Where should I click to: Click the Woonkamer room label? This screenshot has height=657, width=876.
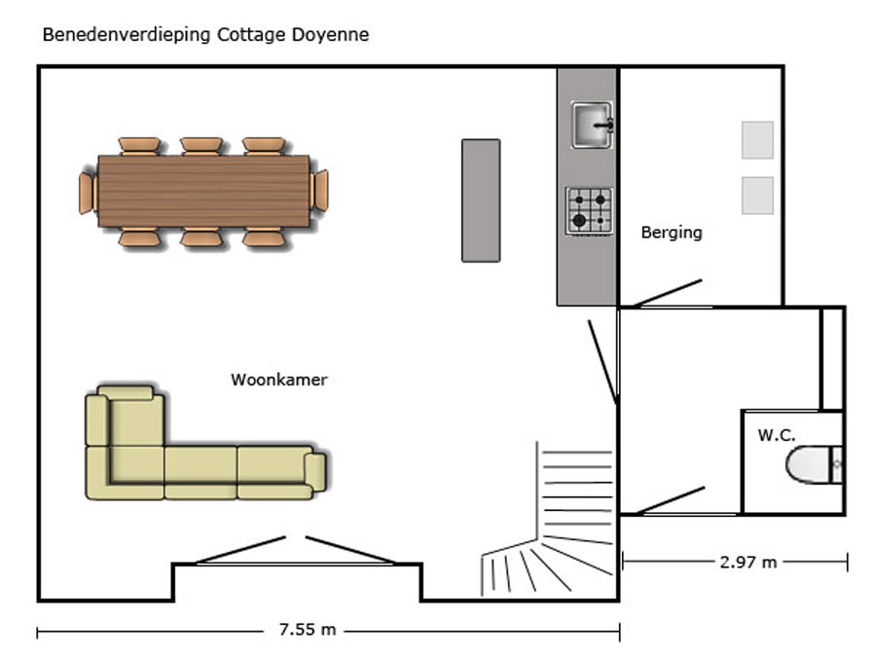(278, 380)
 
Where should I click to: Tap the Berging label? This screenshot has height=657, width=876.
(672, 233)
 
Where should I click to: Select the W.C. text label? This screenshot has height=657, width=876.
(776, 435)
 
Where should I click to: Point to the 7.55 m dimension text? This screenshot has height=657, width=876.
(308, 630)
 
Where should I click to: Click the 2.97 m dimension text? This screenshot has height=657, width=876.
(748, 562)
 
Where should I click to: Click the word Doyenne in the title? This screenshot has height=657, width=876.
(330, 35)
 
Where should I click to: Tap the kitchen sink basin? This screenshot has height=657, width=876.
(592, 126)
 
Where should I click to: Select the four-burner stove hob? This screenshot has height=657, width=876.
(589, 211)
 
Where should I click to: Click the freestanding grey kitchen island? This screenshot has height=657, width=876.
(481, 201)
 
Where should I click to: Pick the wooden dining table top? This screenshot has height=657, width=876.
(204, 191)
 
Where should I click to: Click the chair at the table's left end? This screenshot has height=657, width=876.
(87, 193)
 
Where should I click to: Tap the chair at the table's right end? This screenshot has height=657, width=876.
(320, 190)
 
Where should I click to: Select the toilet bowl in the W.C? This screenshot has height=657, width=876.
(809, 464)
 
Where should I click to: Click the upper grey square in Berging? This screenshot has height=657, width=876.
(757, 140)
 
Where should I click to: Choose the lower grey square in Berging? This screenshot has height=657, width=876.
(757, 196)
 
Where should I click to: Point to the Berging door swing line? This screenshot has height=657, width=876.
(668, 293)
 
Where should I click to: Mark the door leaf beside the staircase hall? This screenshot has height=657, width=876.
(602, 361)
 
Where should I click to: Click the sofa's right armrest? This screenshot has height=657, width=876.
(315, 471)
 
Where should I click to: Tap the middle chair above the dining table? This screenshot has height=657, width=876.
(201, 146)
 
